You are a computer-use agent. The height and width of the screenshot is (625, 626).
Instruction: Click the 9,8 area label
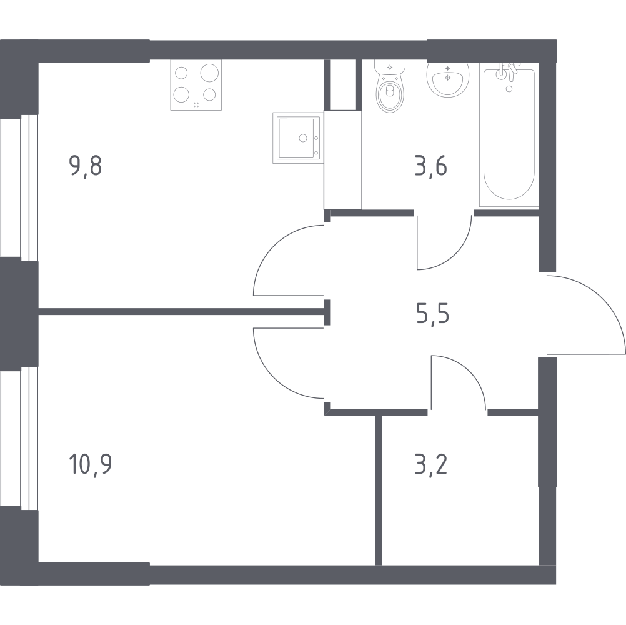point(86,166)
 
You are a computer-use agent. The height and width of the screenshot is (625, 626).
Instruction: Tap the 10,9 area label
point(90,464)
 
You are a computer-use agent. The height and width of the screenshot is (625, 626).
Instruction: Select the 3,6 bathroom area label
point(431,166)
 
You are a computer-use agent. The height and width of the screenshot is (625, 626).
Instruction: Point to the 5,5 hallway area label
point(433,313)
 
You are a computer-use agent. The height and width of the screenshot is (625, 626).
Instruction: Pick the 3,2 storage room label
point(431,464)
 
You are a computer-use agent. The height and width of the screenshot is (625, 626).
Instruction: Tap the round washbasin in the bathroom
point(448,79)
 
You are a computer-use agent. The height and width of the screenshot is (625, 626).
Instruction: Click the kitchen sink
point(298,137)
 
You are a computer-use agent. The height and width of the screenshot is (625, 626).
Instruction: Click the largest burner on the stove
point(210,72)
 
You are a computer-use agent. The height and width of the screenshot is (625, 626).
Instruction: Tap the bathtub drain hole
point(509,89)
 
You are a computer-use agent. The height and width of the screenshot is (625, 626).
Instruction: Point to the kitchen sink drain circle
point(303,137)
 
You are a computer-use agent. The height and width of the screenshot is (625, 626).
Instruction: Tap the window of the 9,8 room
point(19,187)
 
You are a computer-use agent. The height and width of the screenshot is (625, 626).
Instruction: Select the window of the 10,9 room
point(19,439)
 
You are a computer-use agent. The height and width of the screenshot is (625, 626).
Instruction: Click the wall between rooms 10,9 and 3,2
point(379,491)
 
